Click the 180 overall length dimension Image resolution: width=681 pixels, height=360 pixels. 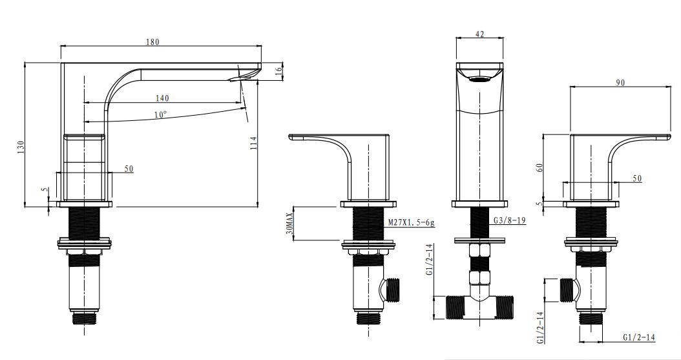(152, 42)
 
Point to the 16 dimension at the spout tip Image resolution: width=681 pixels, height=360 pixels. (279, 72)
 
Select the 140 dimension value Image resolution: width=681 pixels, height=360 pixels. (162, 98)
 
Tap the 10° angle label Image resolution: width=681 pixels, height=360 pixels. (160, 114)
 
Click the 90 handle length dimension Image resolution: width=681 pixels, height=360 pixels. (620, 83)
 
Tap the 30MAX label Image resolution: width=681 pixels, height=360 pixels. (290, 223)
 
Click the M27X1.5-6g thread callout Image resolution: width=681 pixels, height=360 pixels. (412, 222)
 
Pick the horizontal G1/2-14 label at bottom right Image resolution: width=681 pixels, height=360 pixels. (640, 337)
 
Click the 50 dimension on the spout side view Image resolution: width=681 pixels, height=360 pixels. (129, 168)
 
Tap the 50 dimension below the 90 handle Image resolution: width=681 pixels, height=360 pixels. (637, 178)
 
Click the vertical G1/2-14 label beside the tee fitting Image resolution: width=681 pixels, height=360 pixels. (429, 260)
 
